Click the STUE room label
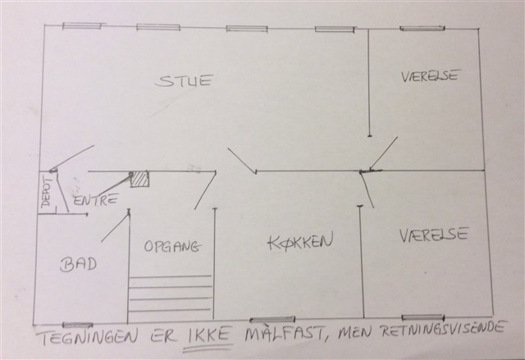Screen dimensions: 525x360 point(184,80)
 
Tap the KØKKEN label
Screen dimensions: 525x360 point(300,241)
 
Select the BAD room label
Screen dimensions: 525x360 point(79,265)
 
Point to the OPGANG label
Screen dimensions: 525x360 point(173,247)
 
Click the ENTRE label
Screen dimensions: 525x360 point(95,200)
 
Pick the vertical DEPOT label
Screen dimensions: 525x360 point(47,191)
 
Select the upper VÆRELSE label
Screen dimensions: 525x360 point(429,76)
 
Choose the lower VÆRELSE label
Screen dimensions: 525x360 point(434,235)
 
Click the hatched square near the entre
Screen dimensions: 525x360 point(139,180)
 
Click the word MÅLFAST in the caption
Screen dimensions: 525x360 point(285,332)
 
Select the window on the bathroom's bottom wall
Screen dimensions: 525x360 point(78,325)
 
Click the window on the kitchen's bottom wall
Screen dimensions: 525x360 point(272,320)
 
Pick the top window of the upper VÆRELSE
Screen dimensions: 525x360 point(422,29)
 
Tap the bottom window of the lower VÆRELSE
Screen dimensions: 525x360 point(423,317)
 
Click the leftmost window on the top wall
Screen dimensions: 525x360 point(82,26)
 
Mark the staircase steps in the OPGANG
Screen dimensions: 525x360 point(171,294)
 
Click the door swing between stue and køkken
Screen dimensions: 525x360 point(242,162)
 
